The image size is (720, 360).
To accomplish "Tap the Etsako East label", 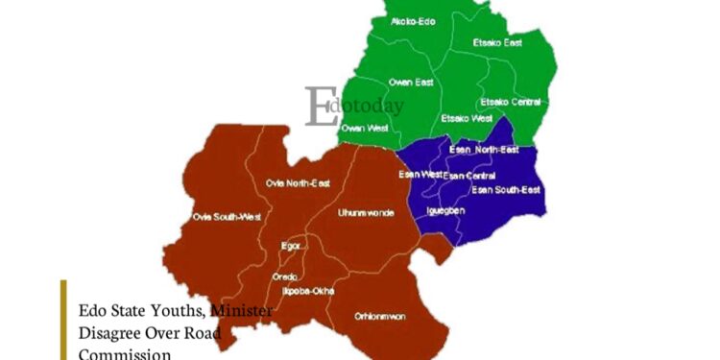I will (x=497, y=43).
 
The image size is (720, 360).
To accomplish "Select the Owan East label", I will (x=410, y=83).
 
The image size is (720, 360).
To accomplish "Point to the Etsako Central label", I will (x=511, y=102).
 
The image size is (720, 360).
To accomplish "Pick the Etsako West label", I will (x=466, y=118).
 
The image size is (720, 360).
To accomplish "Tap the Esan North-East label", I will (x=484, y=150).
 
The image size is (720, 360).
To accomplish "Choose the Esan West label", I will (x=420, y=174).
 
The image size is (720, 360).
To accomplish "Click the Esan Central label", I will (x=469, y=176).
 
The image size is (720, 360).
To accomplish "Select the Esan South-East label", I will (x=506, y=189).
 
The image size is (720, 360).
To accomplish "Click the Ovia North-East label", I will (x=297, y=182).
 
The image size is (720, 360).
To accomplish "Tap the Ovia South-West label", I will (x=227, y=217).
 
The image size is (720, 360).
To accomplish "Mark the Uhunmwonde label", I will (x=366, y=212).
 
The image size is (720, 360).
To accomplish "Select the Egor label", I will (x=292, y=246).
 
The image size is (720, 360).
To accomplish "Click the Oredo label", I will (x=284, y=276).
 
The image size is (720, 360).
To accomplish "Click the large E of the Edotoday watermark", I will (x=318, y=107).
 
